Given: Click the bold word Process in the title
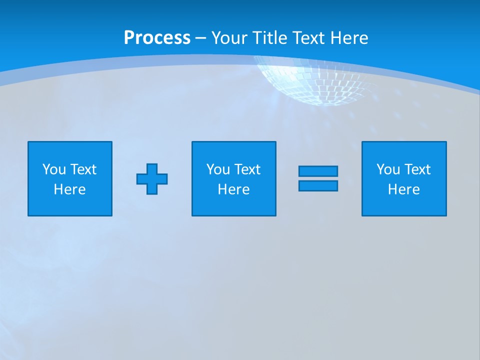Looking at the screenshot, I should (x=157, y=38).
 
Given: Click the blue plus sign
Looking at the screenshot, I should (x=152, y=179).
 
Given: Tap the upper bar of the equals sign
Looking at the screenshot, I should (x=318, y=171).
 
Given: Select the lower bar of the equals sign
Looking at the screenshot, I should (x=318, y=186).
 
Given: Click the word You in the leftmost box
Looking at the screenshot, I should (x=54, y=169).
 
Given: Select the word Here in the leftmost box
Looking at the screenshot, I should (x=69, y=189).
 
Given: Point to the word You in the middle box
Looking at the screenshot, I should (x=218, y=169).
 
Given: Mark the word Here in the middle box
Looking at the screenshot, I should (x=233, y=189).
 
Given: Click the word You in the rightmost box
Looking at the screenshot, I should (x=388, y=169).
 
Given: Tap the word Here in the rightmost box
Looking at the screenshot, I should (x=403, y=189).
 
